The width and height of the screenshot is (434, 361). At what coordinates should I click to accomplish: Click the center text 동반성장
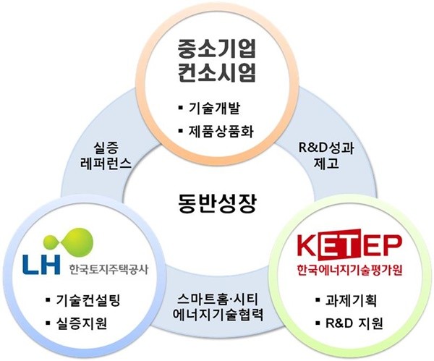coord(217,203)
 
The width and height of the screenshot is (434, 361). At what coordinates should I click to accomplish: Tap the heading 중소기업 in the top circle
coord(216,48)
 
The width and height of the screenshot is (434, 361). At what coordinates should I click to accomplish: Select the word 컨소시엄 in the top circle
coord(216,72)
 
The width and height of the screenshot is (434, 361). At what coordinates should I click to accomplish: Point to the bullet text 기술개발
coord(214,109)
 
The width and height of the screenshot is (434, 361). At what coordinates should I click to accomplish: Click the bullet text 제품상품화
coord(221,131)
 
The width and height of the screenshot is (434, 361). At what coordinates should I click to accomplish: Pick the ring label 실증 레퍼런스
coord(106,156)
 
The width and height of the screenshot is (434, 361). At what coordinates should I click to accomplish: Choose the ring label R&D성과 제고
coord(326,156)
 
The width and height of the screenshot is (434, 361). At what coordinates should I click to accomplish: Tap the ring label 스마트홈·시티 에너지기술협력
coord(218,307)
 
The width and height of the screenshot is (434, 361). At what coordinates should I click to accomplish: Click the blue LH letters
coord(42,264)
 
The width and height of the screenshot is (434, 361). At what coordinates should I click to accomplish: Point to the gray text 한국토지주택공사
coord(109,268)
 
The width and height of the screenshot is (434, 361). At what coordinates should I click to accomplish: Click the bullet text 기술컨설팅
coord(88,300)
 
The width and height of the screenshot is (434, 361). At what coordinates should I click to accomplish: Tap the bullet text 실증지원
coord(82,323)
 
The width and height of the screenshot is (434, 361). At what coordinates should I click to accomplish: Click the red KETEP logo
coord(349,245)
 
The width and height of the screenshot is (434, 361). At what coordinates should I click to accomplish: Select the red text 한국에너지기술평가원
coord(349,270)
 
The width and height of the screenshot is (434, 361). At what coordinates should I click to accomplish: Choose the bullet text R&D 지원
coord(354,323)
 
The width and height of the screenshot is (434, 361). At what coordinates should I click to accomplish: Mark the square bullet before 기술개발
coord(181,107)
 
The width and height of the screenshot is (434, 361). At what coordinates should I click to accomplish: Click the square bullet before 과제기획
coord(318,300)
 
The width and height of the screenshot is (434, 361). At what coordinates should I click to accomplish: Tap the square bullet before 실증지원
coord(48,322)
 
